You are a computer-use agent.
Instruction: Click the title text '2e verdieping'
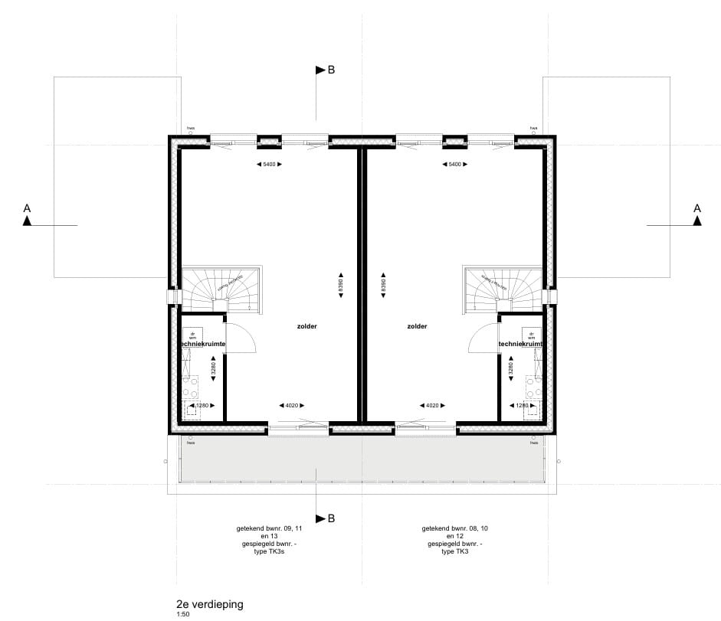click(x=209, y=604)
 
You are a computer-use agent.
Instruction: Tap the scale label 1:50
click(x=182, y=614)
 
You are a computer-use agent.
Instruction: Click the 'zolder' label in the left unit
click(x=307, y=326)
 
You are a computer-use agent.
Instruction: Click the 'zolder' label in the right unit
click(x=418, y=326)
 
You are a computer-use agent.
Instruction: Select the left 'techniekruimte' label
click(x=203, y=345)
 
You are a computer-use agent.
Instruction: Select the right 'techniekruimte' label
click(x=521, y=345)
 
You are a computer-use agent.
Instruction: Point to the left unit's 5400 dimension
click(x=269, y=165)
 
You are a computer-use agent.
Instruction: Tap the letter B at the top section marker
click(x=331, y=70)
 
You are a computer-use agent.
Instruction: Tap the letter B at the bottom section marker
click(x=331, y=518)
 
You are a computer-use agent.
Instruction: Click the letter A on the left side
click(x=27, y=208)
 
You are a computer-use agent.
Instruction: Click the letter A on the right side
click(x=697, y=208)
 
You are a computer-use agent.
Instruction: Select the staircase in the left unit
click(x=221, y=289)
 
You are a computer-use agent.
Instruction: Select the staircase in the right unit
click(x=502, y=289)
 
